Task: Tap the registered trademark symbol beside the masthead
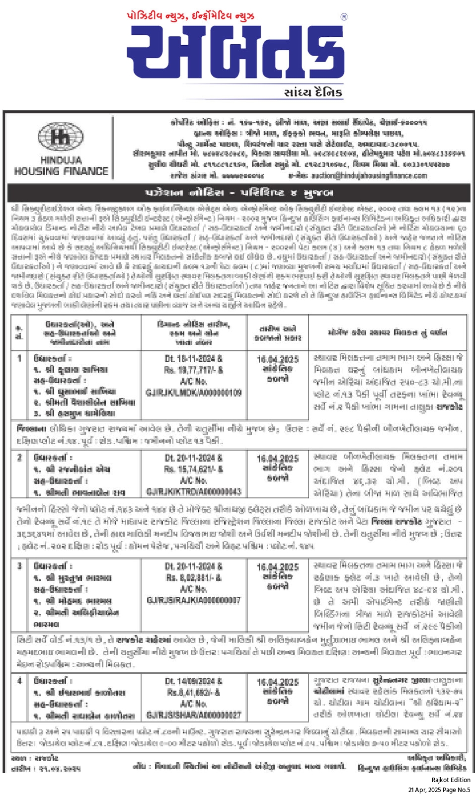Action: click(344, 17)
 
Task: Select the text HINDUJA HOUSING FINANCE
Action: click(61, 166)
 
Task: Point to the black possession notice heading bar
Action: click(238, 192)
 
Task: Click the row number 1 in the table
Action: click(19, 358)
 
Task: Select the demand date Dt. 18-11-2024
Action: click(194, 359)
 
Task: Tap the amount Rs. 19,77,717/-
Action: click(194, 370)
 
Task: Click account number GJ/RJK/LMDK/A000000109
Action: click(194, 393)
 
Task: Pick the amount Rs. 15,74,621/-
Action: click(194, 469)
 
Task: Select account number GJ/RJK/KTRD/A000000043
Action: click(194, 491)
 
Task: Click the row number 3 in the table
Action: click(19, 566)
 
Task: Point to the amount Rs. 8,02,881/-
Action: click(194, 578)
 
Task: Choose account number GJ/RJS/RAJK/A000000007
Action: click(194, 600)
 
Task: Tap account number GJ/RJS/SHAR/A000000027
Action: click(194, 715)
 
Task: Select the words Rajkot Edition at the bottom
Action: click(451, 780)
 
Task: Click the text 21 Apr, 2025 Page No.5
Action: click(439, 790)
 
